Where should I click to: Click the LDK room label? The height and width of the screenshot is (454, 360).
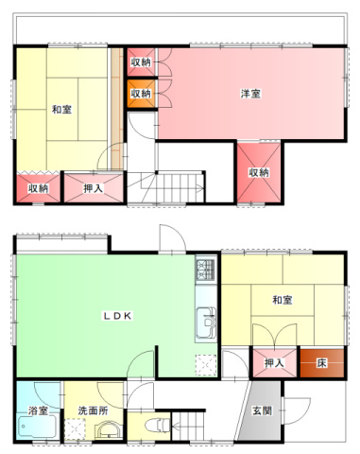click(117, 316)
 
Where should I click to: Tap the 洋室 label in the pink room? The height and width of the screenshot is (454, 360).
click(250, 94)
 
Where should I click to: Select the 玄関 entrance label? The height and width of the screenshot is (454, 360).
click(262, 410)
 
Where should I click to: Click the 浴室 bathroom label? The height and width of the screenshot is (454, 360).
click(38, 410)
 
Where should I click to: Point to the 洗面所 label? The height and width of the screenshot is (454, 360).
click(93, 410)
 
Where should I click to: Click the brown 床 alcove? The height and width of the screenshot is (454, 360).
click(321, 363)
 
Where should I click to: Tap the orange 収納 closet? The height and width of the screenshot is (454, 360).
click(141, 94)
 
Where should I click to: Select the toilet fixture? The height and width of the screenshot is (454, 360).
click(158, 425)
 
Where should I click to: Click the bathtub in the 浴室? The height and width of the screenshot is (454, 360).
click(38, 427)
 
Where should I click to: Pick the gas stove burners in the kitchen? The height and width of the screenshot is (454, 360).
click(206, 270)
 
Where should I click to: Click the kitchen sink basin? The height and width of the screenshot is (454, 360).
click(206, 323)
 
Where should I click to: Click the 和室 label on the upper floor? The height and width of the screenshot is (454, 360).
click(61, 110)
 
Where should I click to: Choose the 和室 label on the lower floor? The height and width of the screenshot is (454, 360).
click(283, 300)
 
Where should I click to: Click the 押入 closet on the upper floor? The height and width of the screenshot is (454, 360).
click(94, 188)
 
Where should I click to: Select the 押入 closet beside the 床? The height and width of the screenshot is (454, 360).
click(275, 363)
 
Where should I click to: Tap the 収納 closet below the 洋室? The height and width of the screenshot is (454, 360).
click(259, 172)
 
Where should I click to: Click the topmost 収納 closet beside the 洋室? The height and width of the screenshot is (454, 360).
click(141, 62)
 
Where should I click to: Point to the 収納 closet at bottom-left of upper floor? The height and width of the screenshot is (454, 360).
click(38, 188)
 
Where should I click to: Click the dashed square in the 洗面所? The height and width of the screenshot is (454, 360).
click(75, 428)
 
